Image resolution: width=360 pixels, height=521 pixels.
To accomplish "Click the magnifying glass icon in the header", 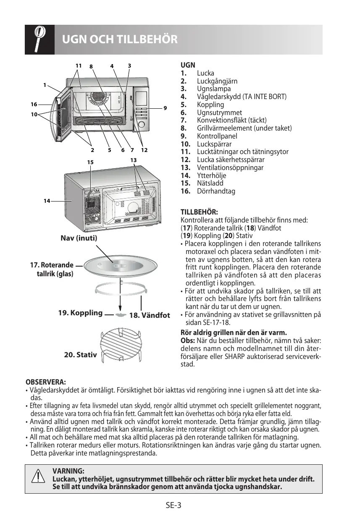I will point(39,39).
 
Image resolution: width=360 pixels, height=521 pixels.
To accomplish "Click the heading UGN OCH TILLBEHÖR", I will point(120,40).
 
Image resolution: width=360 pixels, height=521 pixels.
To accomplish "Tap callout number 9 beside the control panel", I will point(165,108).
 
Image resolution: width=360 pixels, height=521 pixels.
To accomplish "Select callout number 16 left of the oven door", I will point(34,104).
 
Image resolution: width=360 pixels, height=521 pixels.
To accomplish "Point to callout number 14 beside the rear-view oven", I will point(47,201).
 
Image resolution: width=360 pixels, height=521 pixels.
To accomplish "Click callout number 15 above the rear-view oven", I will point(90,162).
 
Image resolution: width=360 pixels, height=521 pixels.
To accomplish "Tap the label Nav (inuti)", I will point(79,238).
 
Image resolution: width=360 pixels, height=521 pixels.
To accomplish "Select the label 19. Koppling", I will point(80,313).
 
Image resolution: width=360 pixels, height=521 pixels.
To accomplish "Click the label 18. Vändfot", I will point(150,315).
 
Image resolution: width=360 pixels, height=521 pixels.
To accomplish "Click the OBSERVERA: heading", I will point(46,382).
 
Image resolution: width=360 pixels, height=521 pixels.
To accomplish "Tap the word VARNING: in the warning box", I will point(68,471).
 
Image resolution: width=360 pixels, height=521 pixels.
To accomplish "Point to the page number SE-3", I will point(173,505).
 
